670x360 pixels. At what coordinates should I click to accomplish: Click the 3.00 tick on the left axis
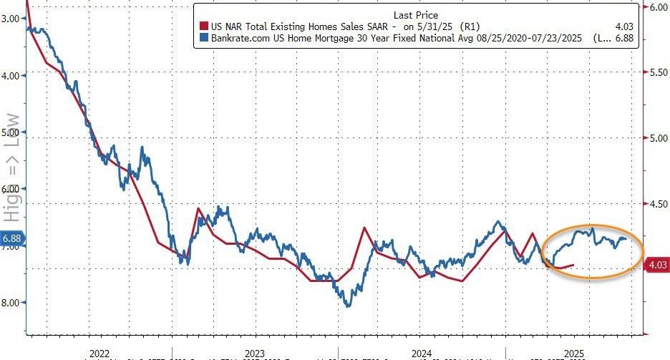coord(12,18)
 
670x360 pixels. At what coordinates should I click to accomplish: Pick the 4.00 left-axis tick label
coord(12,74)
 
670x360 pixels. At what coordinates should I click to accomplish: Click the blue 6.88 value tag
coord(12,238)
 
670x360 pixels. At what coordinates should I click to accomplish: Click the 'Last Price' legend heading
coord(415,15)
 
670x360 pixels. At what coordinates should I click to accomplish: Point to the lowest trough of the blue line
coord(349,306)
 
